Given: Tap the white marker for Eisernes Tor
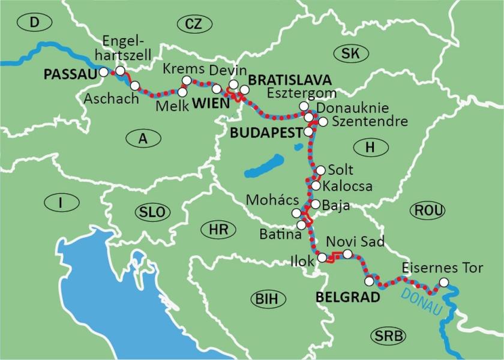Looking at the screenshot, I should click(443, 283).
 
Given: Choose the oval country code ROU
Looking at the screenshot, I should click(428, 210).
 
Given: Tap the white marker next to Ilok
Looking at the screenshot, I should click(322, 258).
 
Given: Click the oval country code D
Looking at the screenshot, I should click(33, 23).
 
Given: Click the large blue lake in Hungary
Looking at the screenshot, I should click(265, 166).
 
